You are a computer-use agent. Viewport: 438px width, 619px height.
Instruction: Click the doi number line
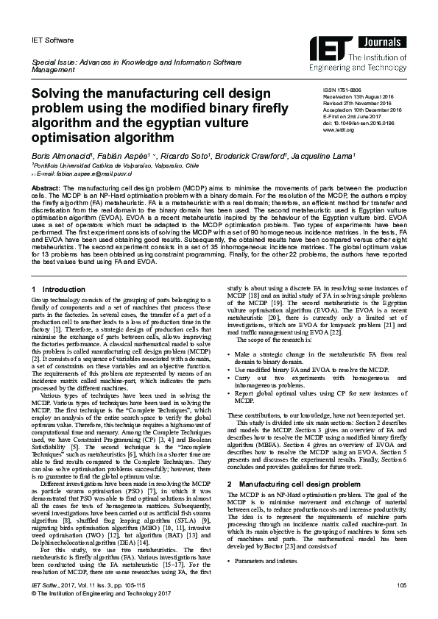coord(358,124)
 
